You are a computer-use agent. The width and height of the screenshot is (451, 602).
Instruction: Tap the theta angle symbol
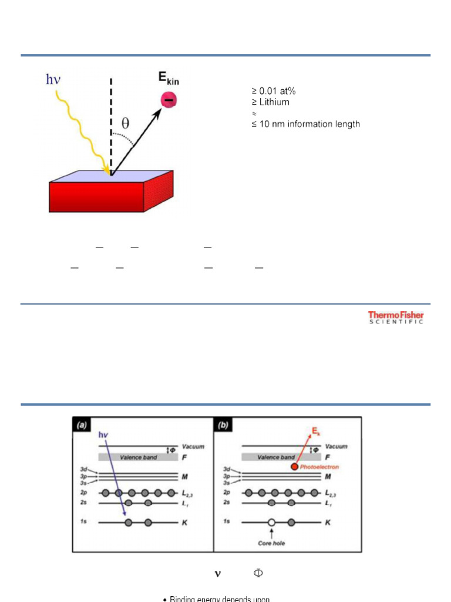tap(126, 123)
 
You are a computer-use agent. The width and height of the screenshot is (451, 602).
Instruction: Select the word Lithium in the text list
tap(274, 102)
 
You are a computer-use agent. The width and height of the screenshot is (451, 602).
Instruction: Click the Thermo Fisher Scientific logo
tap(396, 317)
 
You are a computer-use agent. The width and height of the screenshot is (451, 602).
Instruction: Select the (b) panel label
tap(223, 426)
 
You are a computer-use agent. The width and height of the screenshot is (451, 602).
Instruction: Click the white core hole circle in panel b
tap(271, 522)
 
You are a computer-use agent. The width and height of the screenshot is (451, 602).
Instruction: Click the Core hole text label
tap(271, 543)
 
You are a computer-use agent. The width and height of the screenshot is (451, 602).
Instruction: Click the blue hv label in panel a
tap(104, 434)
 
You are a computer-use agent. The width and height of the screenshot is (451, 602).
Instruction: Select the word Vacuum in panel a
tap(193, 447)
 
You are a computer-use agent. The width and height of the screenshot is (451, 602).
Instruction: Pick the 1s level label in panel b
tap(226, 522)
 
